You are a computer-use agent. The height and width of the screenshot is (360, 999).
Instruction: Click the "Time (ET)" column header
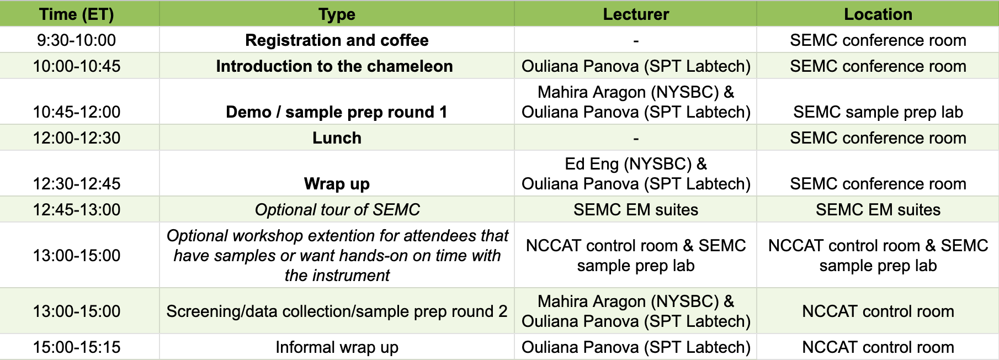76,14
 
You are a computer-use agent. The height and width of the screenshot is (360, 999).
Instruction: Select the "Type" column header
337,14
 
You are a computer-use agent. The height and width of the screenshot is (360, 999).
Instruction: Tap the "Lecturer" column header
636,14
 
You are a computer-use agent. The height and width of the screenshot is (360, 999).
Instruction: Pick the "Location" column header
878,14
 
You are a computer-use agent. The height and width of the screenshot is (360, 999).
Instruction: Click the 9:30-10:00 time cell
76,40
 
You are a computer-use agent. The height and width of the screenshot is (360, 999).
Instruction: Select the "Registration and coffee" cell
337,40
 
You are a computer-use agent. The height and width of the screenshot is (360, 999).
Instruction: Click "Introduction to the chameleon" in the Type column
334,66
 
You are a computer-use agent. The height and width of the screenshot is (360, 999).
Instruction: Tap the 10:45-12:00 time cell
76,112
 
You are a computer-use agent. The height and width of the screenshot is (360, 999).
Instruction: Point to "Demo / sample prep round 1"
337,112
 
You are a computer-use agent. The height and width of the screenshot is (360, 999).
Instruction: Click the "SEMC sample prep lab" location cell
878,112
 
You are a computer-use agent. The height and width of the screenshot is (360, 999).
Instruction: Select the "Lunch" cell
337,138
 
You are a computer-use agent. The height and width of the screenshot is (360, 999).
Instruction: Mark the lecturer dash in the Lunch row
636,139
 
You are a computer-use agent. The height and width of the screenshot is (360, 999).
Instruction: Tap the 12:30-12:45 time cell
76,184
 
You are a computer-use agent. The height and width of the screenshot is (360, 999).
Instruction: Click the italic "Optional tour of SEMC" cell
337,210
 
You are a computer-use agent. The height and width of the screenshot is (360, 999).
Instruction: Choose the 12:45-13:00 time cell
76,210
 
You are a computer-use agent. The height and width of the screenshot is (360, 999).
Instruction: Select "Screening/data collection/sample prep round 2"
337,311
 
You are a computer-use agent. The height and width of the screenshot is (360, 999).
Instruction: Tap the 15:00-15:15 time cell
76,347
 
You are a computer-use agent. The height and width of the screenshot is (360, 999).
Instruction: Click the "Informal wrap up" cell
337,347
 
